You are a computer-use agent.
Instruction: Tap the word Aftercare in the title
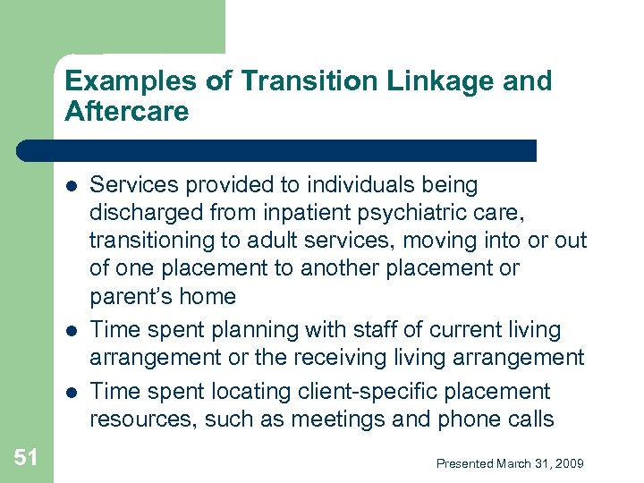[127, 112]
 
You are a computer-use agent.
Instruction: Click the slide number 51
[26, 458]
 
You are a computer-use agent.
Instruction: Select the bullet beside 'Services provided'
[71, 186]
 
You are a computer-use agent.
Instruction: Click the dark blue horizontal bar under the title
[277, 149]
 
